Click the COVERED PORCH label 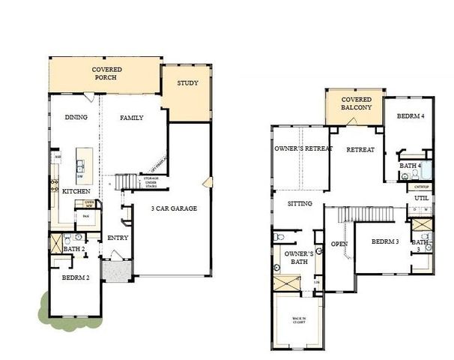coord(106,74)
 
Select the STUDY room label coord(187,82)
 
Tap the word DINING coord(76,117)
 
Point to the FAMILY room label coord(132,117)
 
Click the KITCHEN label coord(76,192)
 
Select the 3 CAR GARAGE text coord(174,208)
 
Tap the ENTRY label coord(118,238)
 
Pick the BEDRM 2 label coord(76,278)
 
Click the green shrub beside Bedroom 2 coord(49,306)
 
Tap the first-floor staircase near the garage coord(127,182)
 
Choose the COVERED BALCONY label coord(357,103)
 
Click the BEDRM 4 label coord(410,116)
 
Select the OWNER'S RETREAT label coord(302,148)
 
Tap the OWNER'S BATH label coord(297,259)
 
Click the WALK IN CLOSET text coord(299,322)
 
